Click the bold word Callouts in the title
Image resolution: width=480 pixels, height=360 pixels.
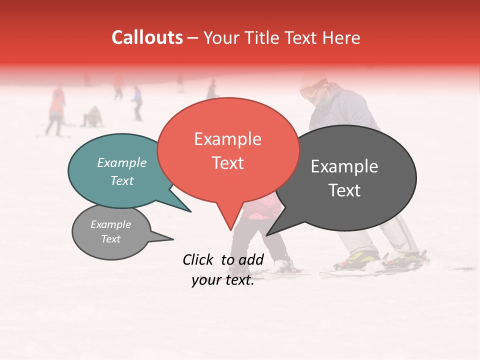(147, 37)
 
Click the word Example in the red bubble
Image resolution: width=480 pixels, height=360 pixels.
(227, 139)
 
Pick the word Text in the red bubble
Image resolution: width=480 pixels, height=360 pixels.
(227, 163)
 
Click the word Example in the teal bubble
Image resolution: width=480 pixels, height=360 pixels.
(122, 162)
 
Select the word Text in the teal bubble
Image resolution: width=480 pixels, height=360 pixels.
(122, 180)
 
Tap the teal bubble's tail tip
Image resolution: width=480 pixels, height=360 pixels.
(190, 211)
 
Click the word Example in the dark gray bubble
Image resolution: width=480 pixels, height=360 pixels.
(344, 166)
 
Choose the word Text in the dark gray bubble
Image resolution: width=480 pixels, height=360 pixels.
(344, 190)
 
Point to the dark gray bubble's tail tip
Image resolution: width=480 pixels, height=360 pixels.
(266, 235)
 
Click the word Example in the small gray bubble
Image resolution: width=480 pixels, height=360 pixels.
(110, 224)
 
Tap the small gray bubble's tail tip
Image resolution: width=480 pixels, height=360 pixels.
(173, 239)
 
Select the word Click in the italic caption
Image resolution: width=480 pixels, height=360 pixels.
(199, 259)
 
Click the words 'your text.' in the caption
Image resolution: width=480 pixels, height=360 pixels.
(222, 280)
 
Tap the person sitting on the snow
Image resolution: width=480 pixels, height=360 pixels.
(92, 117)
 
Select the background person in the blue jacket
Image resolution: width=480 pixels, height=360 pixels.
(136, 101)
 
